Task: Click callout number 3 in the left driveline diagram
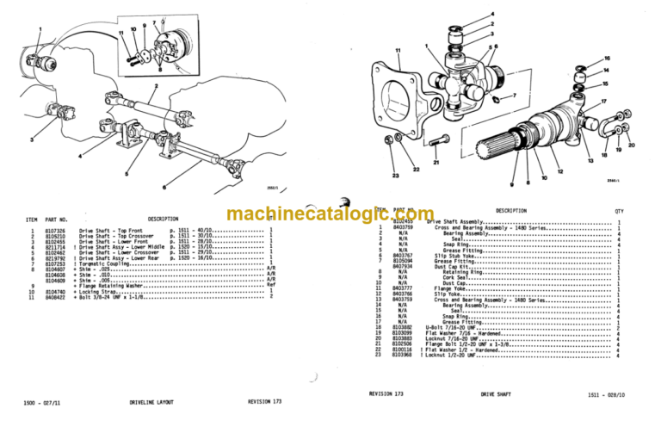pyautogui.click(x=31, y=139)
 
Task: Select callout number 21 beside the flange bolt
pyautogui.click(x=436, y=162)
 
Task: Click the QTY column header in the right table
pyautogui.click(x=618, y=211)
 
